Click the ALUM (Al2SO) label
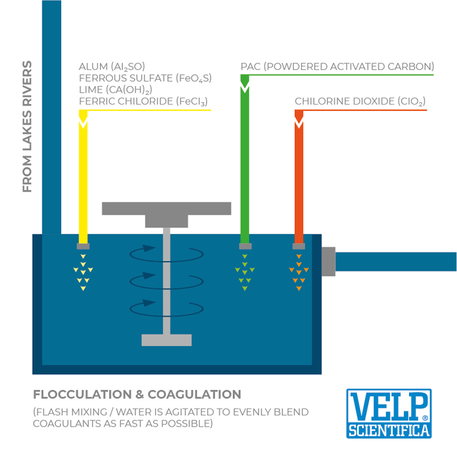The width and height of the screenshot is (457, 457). coord(116,67)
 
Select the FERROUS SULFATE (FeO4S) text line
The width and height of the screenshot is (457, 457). coord(145,79)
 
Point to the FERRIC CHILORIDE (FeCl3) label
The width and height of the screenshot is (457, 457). coord(143,102)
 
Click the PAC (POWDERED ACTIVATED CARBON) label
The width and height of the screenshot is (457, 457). coord(337,67)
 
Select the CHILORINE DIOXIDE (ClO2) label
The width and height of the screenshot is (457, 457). coord(360,102)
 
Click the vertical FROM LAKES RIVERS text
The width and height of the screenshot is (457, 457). coord(27,126)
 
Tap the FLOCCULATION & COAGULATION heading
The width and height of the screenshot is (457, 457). coord(137,394)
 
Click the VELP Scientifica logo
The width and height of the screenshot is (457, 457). coord(388,414)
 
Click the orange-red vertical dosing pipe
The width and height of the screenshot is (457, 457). coord(299,177)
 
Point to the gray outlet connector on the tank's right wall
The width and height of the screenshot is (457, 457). coord(328,262)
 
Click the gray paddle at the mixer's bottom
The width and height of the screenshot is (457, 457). coord(166,340)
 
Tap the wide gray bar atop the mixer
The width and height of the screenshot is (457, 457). coord(166,208)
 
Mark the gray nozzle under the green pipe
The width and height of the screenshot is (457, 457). coord(245,246)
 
